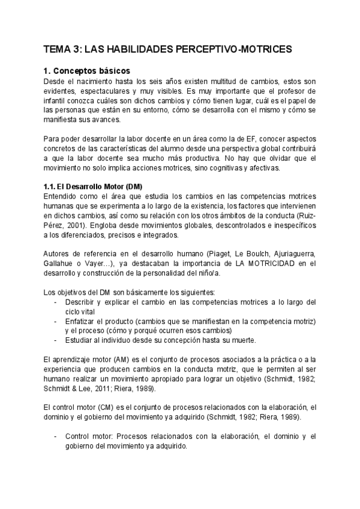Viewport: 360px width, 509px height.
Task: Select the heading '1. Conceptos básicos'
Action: (x=87, y=70)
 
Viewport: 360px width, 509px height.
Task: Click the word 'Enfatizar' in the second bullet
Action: (x=82, y=321)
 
